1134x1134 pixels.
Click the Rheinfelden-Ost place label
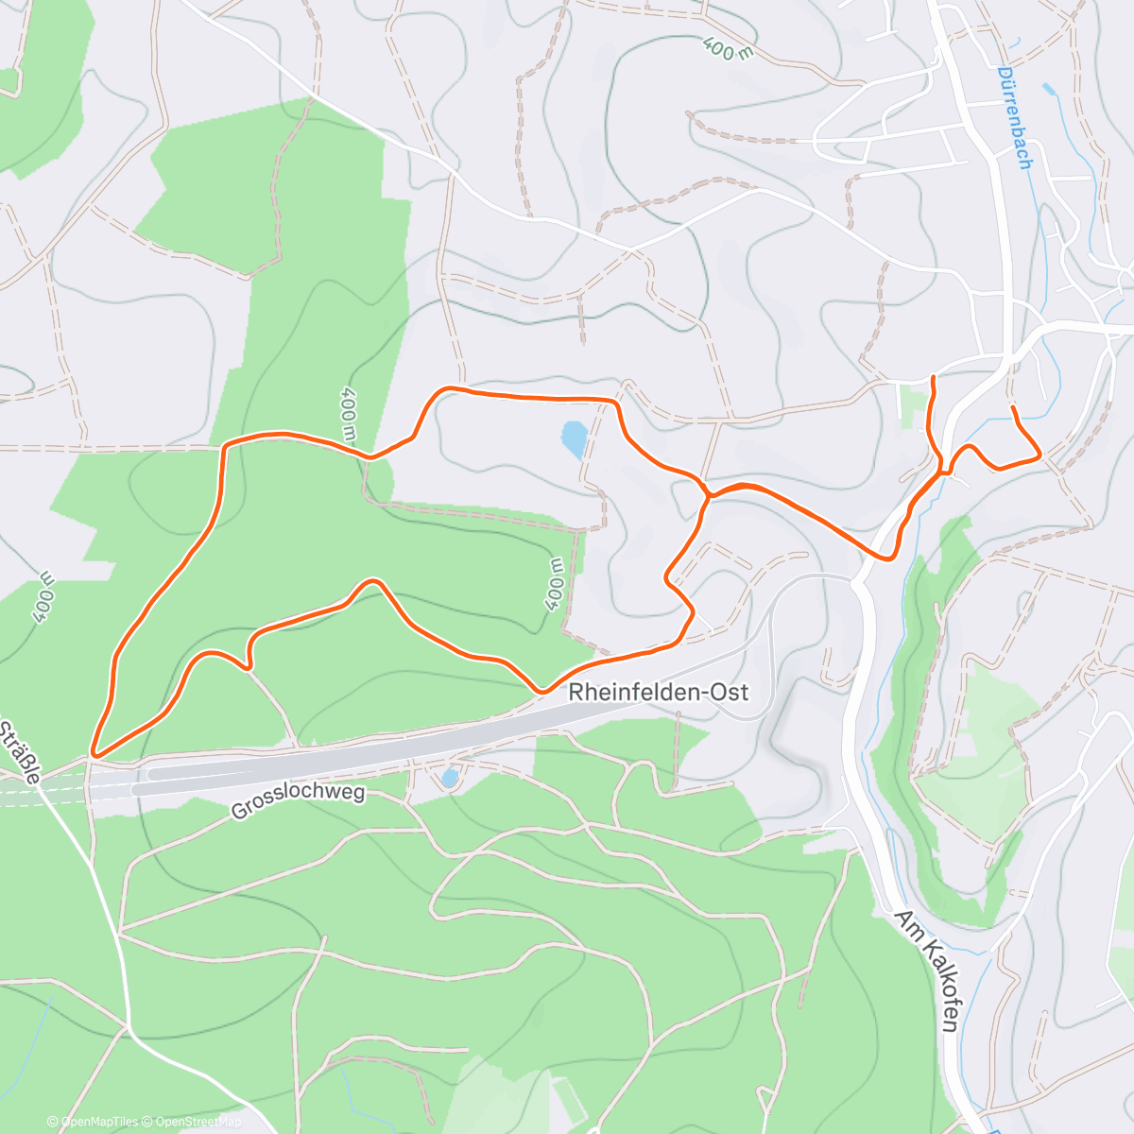(x=658, y=693)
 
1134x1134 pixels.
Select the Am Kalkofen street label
(x=927, y=971)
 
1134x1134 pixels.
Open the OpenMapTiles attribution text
(x=92, y=1122)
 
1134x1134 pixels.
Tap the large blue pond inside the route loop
(x=573, y=439)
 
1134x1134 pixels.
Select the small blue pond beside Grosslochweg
(x=450, y=778)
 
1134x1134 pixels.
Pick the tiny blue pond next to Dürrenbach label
(x=1049, y=90)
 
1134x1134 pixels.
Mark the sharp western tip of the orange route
(x=92, y=754)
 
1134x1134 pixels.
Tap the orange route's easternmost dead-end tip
(x=1013, y=408)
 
